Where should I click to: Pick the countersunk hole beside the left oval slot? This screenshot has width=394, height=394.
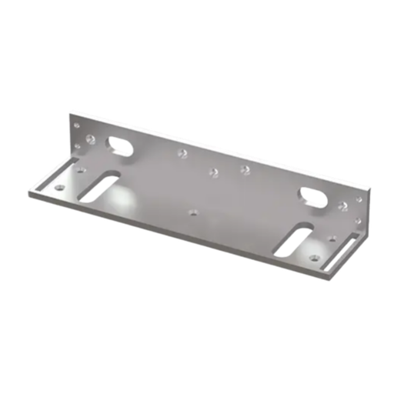point(92,140)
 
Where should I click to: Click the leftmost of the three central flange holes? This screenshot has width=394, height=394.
point(182,154)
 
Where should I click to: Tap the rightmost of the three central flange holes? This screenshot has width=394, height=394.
point(245,169)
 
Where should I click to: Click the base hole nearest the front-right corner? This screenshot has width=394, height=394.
point(313,255)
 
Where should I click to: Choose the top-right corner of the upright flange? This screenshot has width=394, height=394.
point(367,185)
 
